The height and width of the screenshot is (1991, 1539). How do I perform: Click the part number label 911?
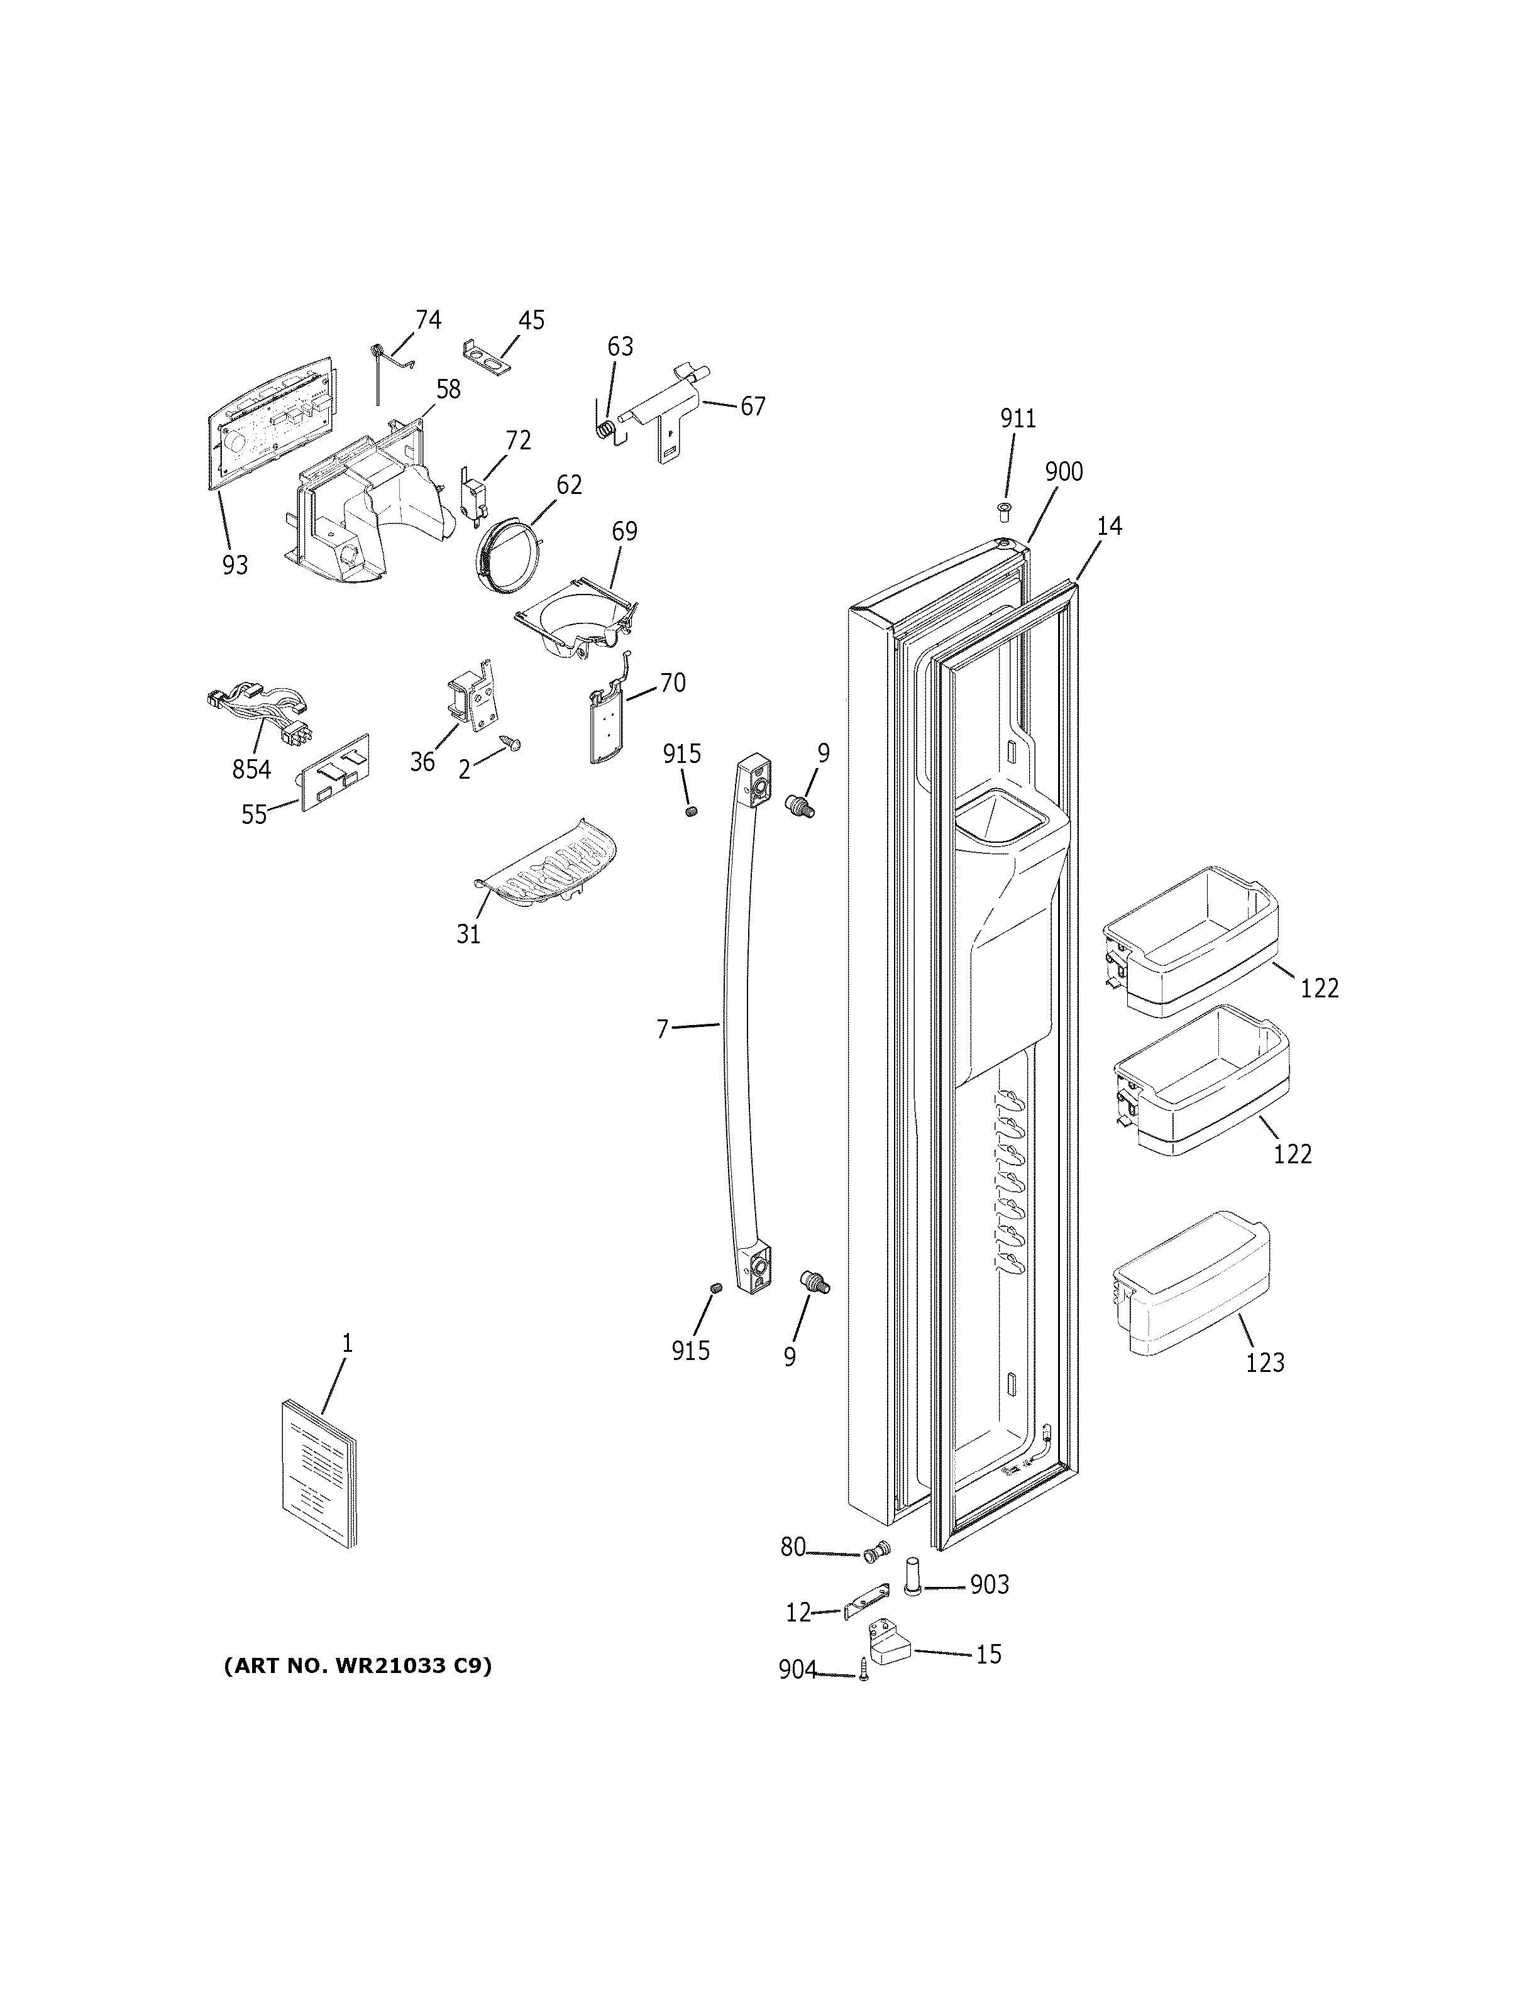pyautogui.click(x=1017, y=419)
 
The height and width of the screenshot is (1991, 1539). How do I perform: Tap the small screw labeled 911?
pyautogui.click(x=1005, y=510)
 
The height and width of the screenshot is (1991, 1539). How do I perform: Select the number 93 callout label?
pyautogui.click(x=234, y=565)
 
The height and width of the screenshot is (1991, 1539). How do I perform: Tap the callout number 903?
pyautogui.click(x=988, y=1584)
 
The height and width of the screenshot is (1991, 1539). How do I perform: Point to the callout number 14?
pyautogui.click(x=1108, y=526)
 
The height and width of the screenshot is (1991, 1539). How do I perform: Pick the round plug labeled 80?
pyautogui.click(x=878, y=1550)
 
